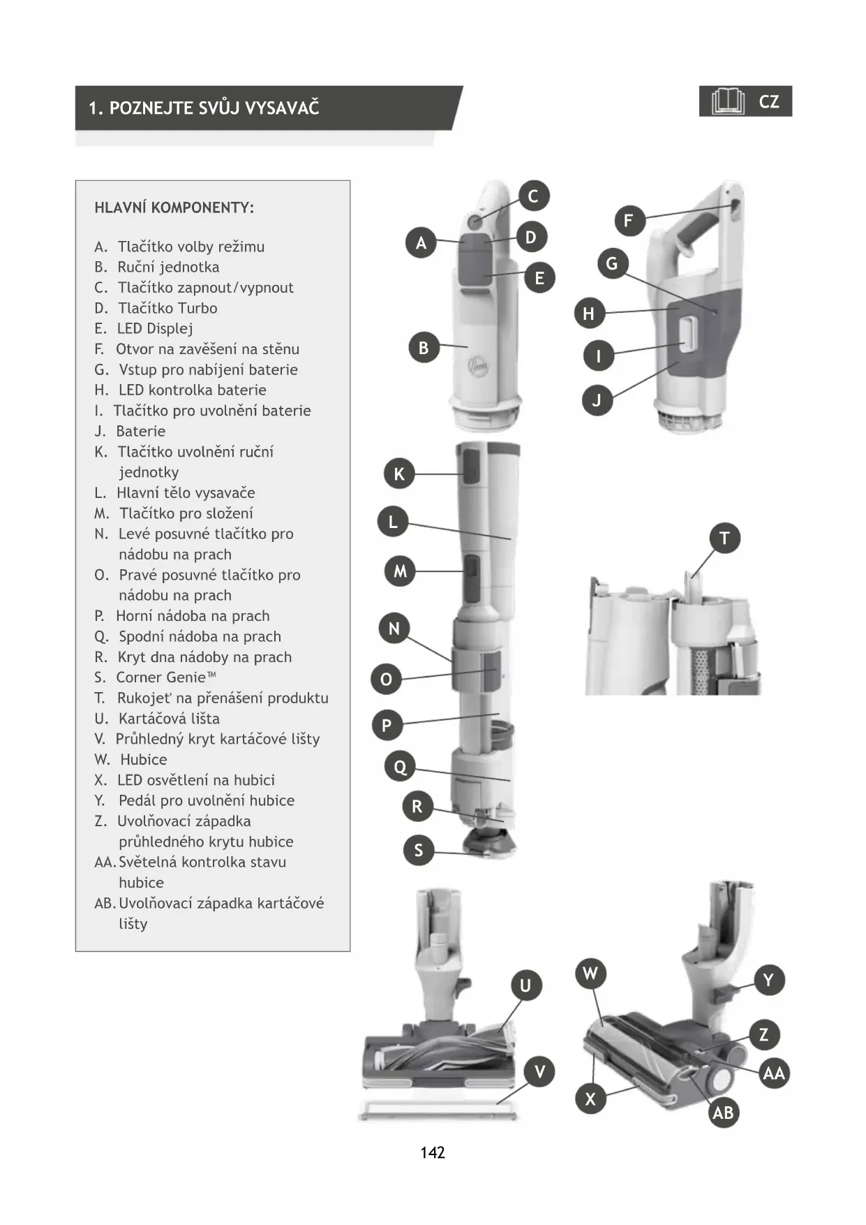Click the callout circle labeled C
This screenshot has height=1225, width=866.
pyautogui.click(x=534, y=196)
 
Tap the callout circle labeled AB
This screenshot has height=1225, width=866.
pyautogui.click(x=723, y=1113)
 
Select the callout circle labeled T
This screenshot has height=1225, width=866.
pyautogui.click(x=724, y=538)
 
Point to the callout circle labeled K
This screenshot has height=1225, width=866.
pyautogui.click(x=399, y=474)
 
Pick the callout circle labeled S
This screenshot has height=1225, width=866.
pyautogui.click(x=419, y=850)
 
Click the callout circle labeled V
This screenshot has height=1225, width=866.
pyautogui.click(x=539, y=1072)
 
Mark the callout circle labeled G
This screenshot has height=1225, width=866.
pyautogui.click(x=612, y=264)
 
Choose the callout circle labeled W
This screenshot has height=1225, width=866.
pyautogui.click(x=590, y=974)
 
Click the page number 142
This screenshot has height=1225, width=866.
pyautogui.click(x=433, y=1153)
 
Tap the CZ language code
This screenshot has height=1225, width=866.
pyautogui.click(x=769, y=102)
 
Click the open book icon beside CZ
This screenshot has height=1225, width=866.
pyautogui.click(x=728, y=102)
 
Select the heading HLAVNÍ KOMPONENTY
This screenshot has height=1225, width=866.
pyautogui.click(x=174, y=207)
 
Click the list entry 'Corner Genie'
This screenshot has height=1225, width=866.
pyautogui.click(x=166, y=677)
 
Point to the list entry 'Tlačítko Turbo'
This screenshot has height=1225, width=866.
pyautogui.click(x=167, y=308)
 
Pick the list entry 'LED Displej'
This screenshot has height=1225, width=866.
pyautogui.click(x=155, y=328)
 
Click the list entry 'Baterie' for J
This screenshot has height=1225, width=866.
pyautogui.click(x=140, y=431)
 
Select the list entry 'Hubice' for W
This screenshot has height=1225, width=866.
pyautogui.click(x=143, y=759)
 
